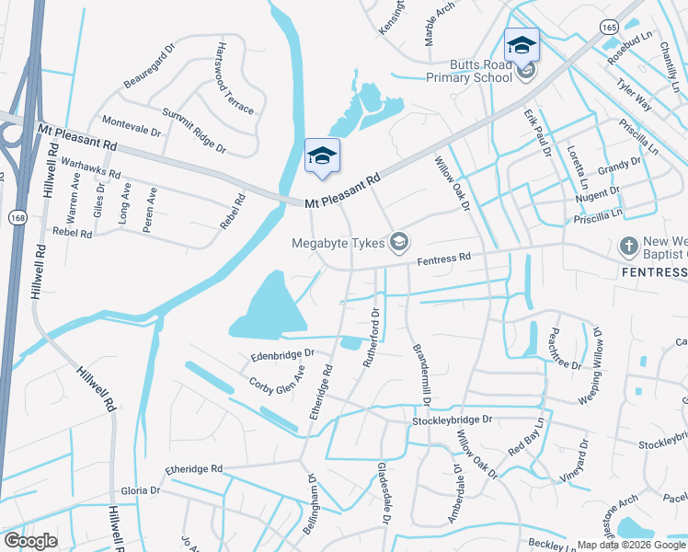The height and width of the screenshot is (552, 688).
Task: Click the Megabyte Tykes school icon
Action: click(x=399, y=243)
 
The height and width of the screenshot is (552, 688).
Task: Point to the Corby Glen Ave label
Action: click(x=277, y=380)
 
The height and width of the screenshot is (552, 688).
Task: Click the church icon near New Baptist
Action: click(x=628, y=247)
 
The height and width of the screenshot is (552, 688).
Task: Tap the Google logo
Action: click(x=31, y=541)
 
